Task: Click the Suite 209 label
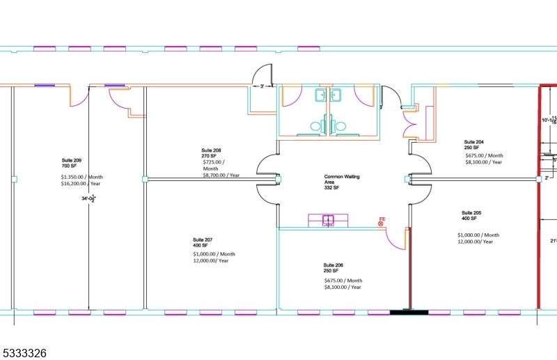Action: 71,160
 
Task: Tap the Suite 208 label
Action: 212,150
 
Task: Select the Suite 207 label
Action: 203,240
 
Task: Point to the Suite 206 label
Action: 334,265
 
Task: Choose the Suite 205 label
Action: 471,212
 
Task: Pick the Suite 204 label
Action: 474,141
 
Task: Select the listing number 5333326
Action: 24,353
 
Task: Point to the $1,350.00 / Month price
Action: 82,177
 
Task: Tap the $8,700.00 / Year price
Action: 221,175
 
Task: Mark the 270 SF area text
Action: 210,157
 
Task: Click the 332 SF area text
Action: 331,188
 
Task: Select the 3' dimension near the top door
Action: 262,86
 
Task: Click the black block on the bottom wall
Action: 409,312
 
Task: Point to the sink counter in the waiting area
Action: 329,220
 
